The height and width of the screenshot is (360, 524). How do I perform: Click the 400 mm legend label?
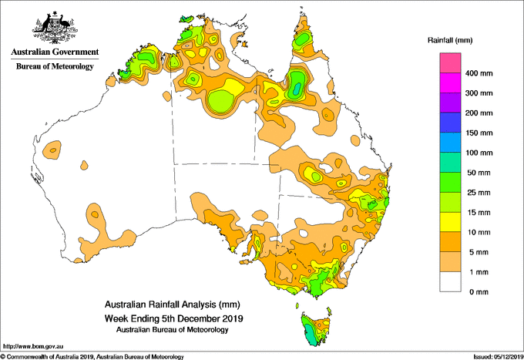coord(479,73)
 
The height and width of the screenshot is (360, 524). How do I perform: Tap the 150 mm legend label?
coord(479,133)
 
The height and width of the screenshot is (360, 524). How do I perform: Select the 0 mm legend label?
coord(479,292)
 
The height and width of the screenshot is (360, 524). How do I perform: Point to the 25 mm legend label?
coord(479,193)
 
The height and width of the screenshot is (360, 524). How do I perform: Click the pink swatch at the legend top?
coord(450,63)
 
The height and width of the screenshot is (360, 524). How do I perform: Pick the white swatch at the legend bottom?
coord(450,282)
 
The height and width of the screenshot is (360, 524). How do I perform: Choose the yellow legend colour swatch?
coord(450,222)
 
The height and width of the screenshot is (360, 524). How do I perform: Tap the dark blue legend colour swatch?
coord(450,123)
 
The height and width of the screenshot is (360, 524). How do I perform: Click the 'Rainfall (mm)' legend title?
coord(450,40)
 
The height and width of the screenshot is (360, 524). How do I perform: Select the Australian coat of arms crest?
coord(55,28)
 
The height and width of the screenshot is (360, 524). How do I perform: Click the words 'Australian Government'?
coord(55,52)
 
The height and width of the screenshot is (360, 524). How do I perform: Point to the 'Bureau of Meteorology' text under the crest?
coord(55,66)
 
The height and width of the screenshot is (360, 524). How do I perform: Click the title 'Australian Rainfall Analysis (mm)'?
coord(173,304)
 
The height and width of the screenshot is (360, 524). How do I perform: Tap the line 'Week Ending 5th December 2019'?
coord(174,318)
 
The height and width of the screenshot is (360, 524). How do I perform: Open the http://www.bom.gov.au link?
coord(33,346)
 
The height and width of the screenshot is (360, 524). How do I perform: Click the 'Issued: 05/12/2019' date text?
coord(499,357)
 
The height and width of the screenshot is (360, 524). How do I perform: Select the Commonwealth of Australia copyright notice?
coord(92,357)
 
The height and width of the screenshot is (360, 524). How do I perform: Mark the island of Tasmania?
coord(316,329)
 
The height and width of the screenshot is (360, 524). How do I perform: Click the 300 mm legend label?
coord(479,93)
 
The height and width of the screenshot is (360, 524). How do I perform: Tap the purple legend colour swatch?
coord(450,103)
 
